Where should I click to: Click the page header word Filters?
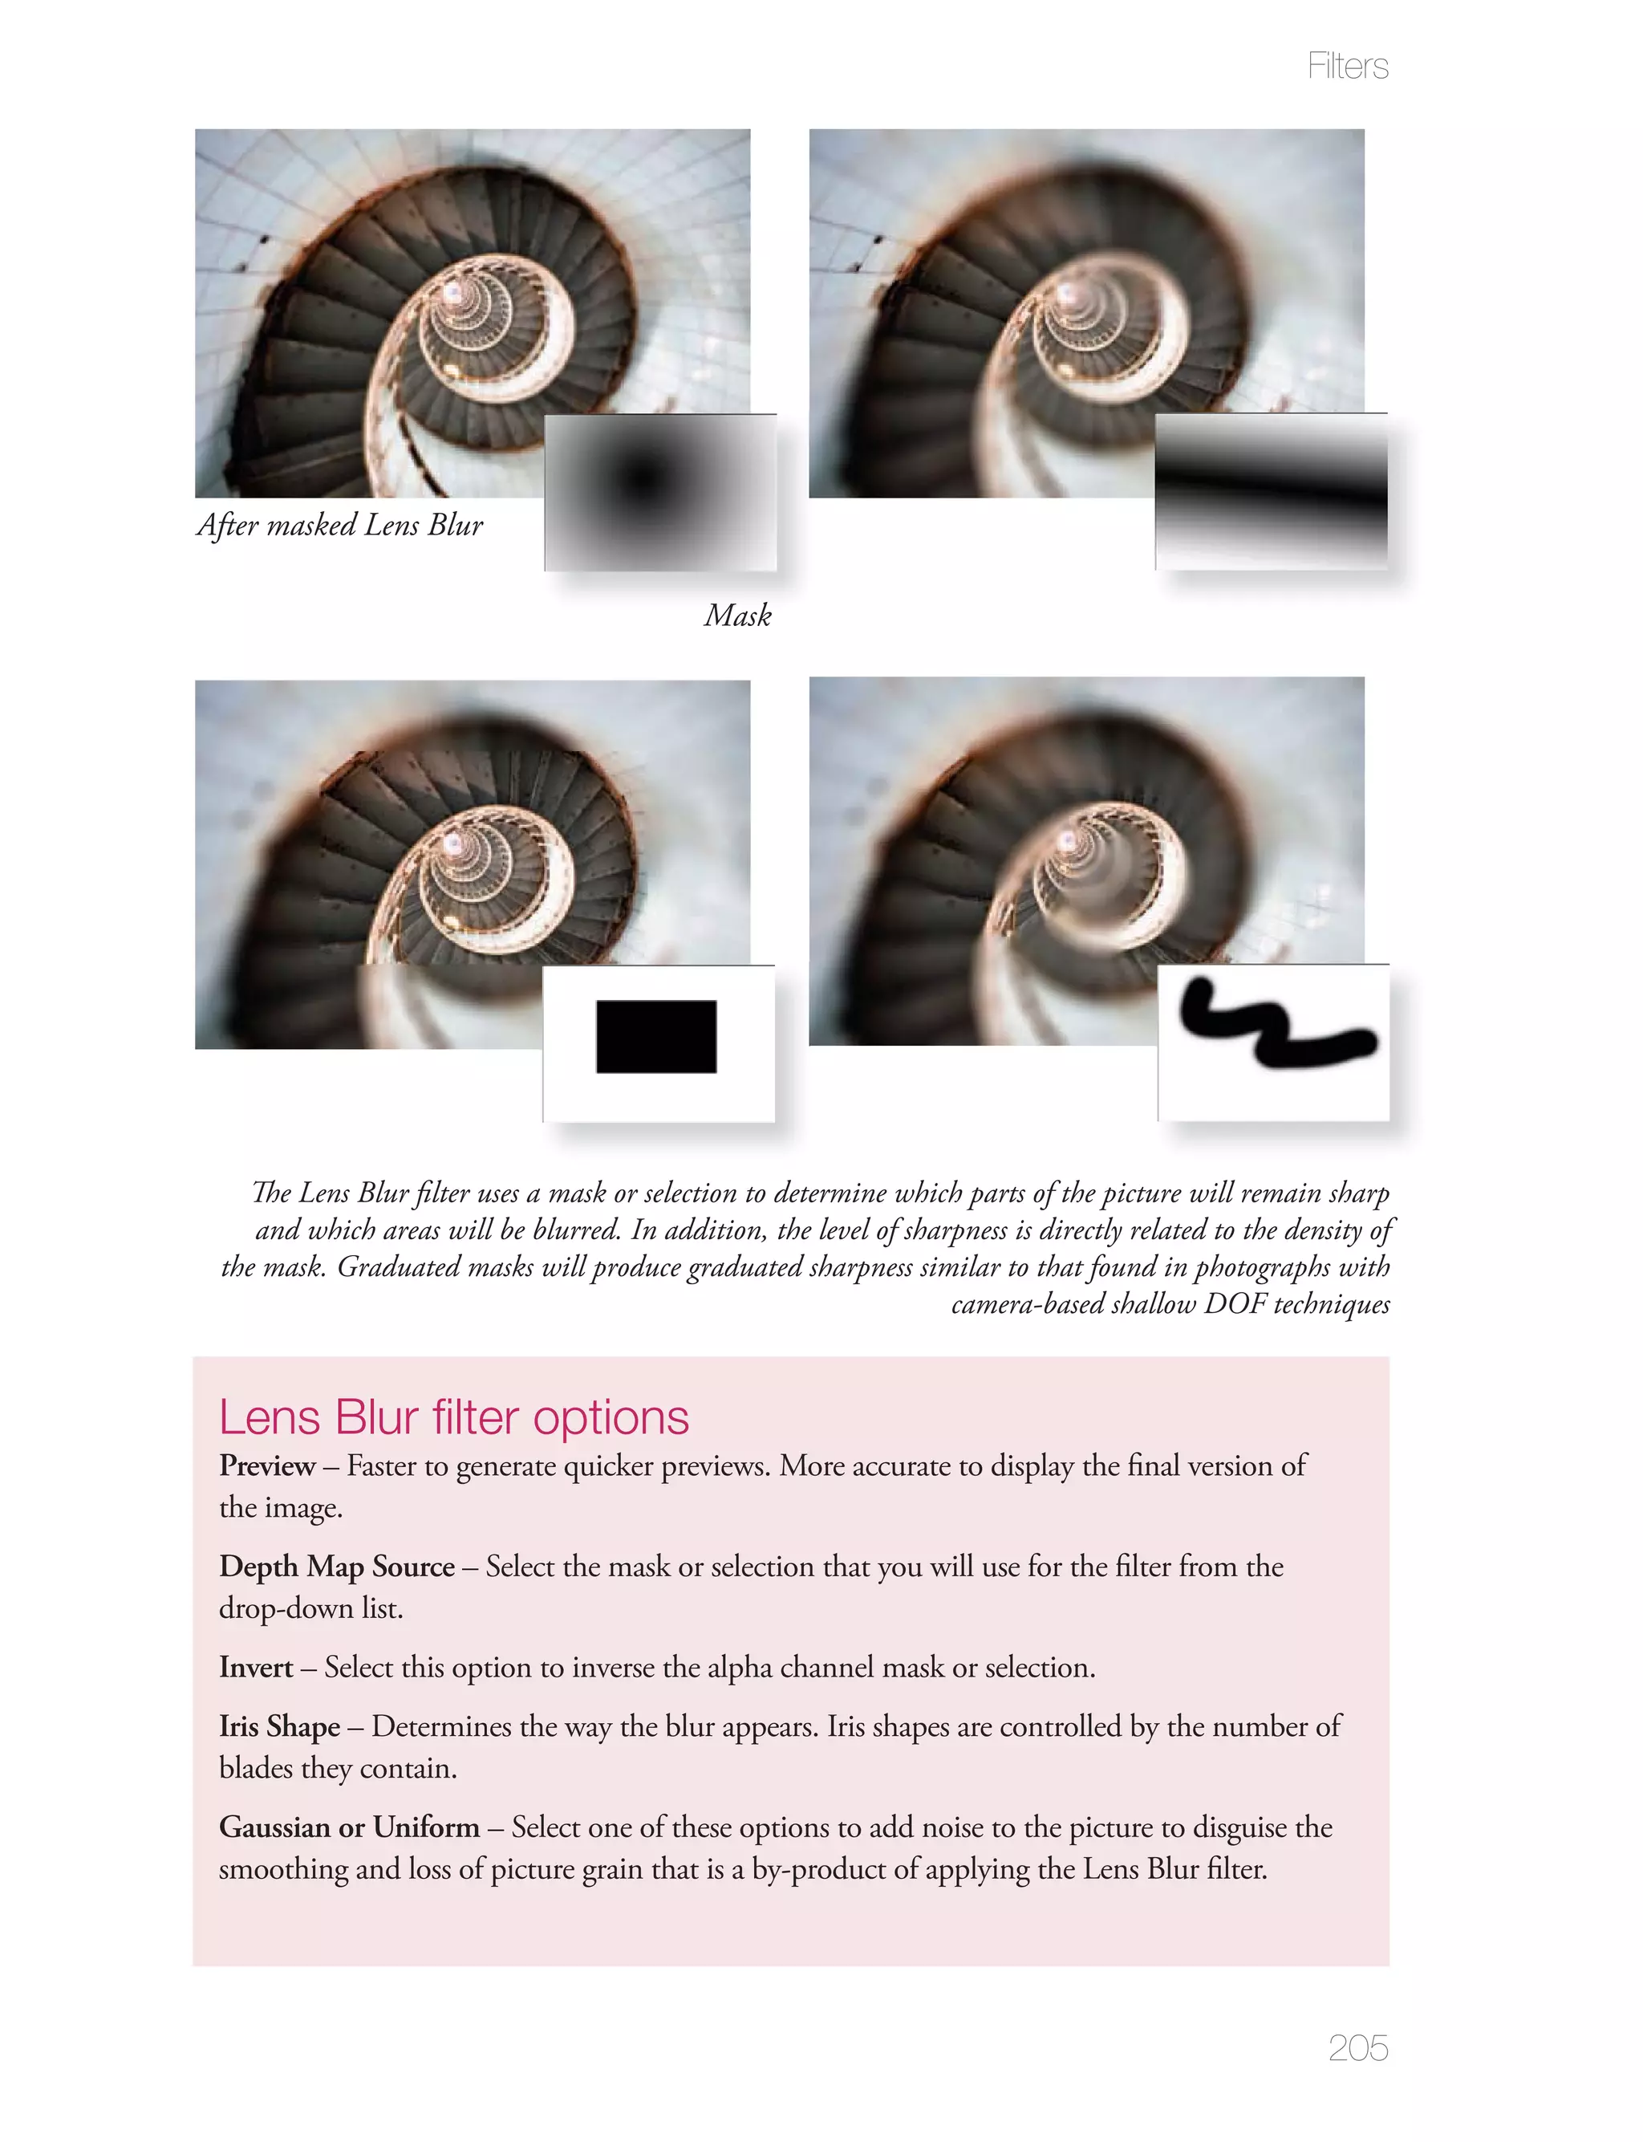(x=1347, y=67)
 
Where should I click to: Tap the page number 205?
(x=1357, y=2047)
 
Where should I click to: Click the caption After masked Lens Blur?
(x=339, y=525)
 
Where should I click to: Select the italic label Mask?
(x=737, y=616)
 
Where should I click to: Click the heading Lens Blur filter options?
(x=454, y=1417)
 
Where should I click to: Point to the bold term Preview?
(x=266, y=1465)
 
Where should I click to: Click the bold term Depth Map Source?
(x=336, y=1566)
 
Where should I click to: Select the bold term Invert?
(x=255, y=1667)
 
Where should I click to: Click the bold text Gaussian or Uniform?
(x=349, y=1827)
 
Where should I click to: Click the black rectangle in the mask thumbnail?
(x=656, y=1037)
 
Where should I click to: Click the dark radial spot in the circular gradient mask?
(x=643, y=478)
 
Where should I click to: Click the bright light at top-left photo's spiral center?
(x=452, y=291)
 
